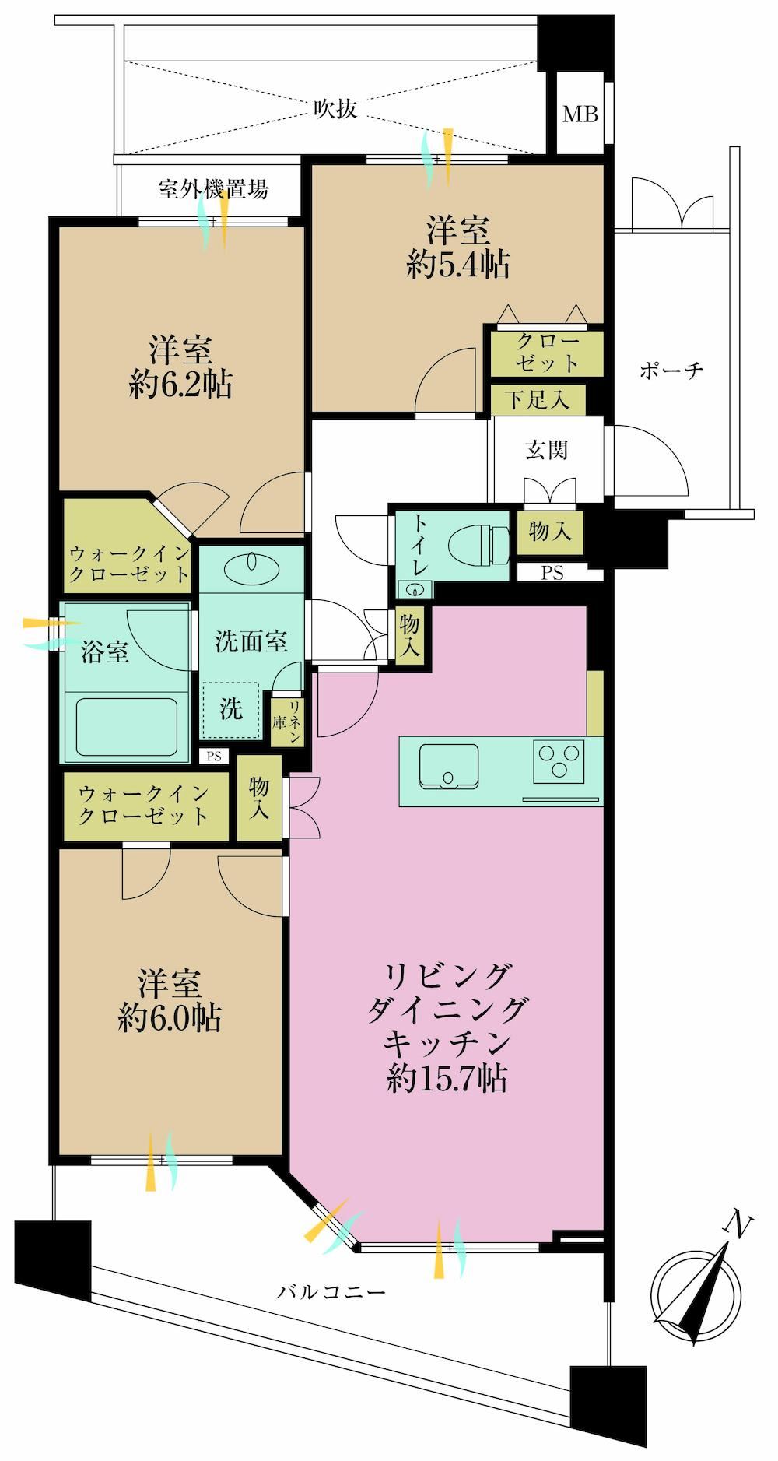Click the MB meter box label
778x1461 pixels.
[x=580, y=114]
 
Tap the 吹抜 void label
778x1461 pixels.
[x=335, y=108]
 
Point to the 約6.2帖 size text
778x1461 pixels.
[x=181, y=385]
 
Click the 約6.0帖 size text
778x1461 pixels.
[x=170, y=1017]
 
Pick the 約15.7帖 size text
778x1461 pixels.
[x=447, y=1079]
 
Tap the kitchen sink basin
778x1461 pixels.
[x=449, y=766]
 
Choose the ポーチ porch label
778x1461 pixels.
[x=671, y=371]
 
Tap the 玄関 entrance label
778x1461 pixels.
[x=547, y=450]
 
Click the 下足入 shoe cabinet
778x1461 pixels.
[x=538, y=399]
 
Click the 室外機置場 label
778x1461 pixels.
[x=214, y=189]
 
